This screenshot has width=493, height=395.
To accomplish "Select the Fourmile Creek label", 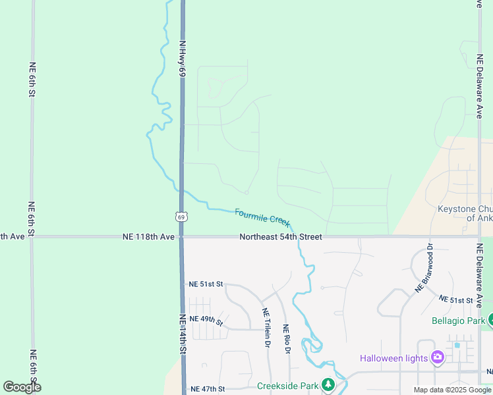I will click(x=262, y=218).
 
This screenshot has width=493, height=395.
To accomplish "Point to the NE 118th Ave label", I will click(x=149, y=236).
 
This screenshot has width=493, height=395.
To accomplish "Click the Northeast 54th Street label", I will click(x=281, y=236).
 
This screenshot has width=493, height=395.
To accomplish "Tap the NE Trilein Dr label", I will click(x=266, y=328).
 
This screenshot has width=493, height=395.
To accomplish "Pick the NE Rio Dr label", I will click(x=286, y=339).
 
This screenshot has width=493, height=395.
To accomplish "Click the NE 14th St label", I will click(x=183, y=335).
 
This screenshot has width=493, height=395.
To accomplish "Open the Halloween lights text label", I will click(x=393, y=358).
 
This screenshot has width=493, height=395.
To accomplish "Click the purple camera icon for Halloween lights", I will click(x=436, y=357).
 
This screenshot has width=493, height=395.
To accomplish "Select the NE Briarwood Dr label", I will click(x=423, y=269).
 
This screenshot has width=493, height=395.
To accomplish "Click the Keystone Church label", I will click(x=465, y=213).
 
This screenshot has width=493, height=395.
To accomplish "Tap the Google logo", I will click(x=22, y=387).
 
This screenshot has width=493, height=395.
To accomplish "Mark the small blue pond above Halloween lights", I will click(x=457, y=344).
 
